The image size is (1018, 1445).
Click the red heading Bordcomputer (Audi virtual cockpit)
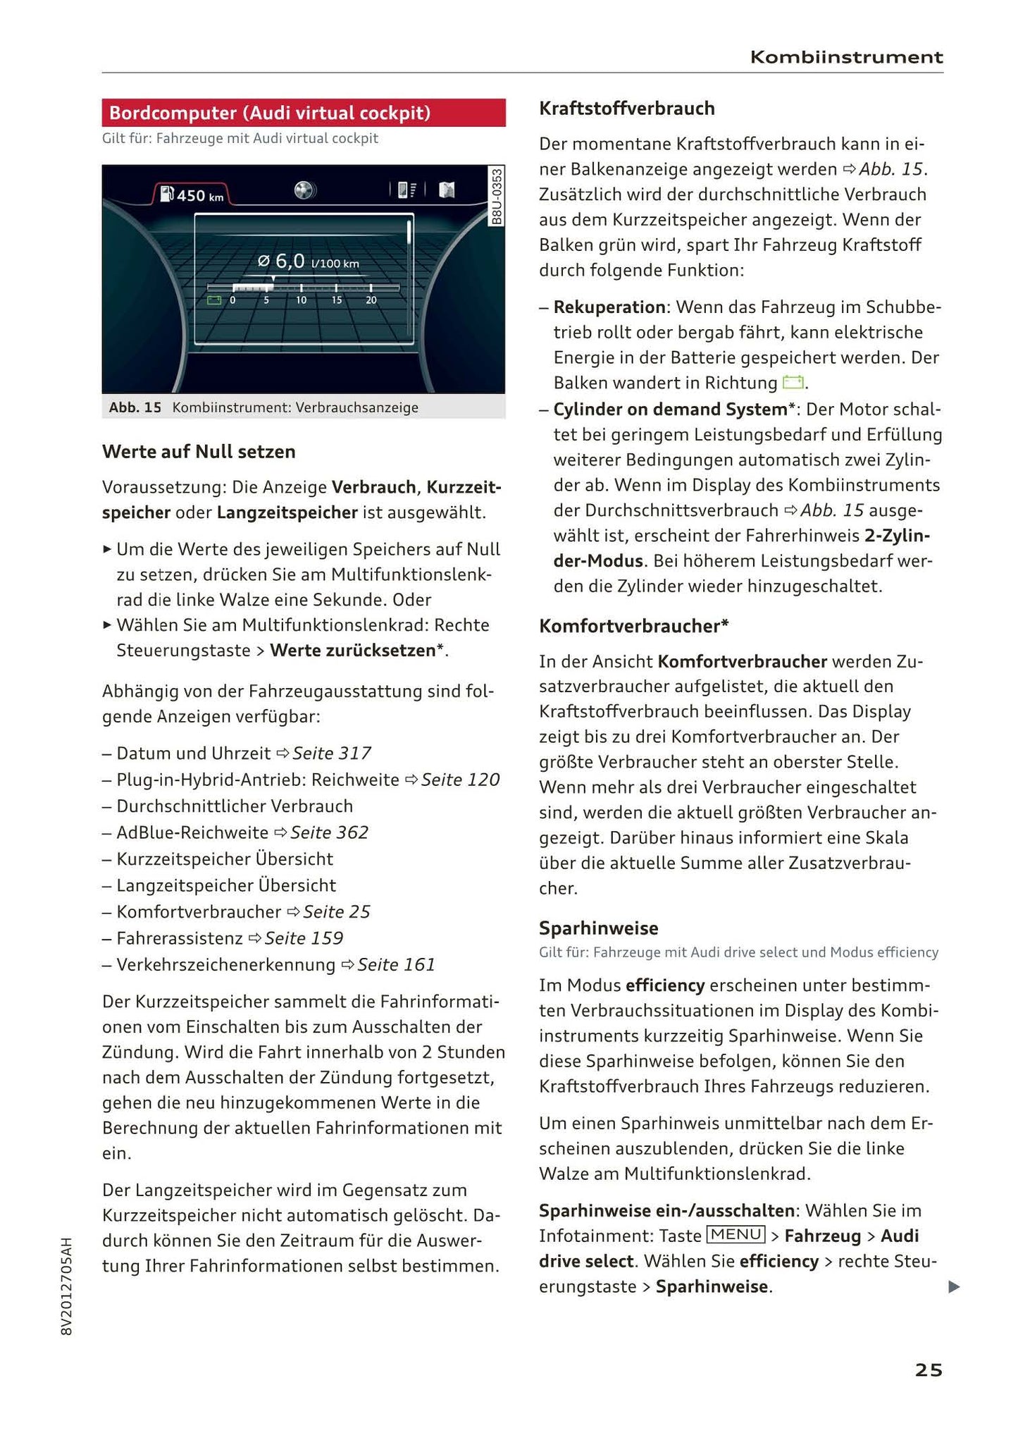coord(270,113)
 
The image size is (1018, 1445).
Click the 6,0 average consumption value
coord(290,262)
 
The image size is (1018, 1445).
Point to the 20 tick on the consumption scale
coord(371,300)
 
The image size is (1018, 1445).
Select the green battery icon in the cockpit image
coord(213,300)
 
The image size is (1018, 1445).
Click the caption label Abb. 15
coord(135,407)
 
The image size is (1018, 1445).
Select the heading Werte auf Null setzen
coord(199,452)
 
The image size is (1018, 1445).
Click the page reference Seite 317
coord(332,754)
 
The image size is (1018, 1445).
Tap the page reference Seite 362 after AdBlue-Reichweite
coord(329,832)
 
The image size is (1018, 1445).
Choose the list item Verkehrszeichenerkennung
coord(225,964)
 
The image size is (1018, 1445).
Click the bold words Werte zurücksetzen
coord(352,651)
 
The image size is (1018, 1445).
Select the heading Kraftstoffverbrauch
coord(626,109)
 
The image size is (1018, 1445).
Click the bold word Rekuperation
coord(609,307)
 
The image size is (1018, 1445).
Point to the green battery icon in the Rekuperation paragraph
coord(793,383)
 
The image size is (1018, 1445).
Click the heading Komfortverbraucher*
coord(633,626)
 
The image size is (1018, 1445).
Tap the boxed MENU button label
coord(735,1234)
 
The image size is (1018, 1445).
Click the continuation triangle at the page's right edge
coord(954,1287)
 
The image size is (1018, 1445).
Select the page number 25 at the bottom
coord(928,1370)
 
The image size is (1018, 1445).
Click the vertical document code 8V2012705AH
coord(67,1286)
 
